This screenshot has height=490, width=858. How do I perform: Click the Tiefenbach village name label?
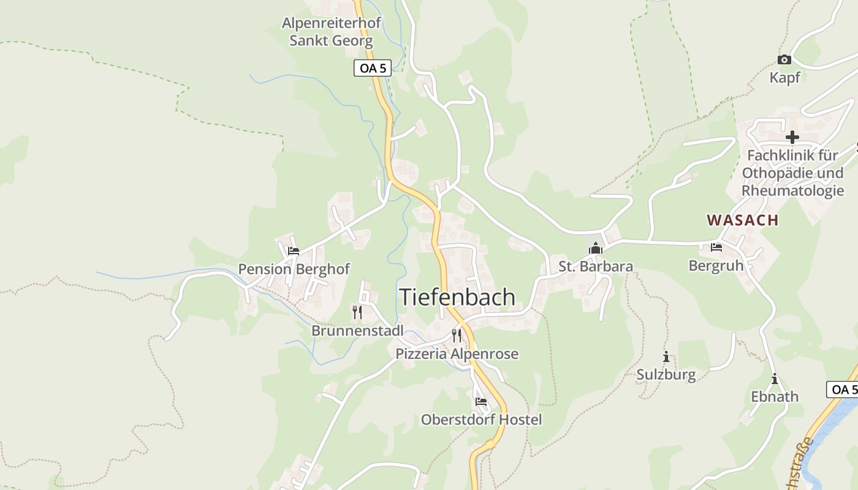point(457,297)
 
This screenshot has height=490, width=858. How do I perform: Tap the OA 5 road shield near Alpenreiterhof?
point(373,68)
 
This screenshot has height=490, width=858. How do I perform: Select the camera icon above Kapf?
point(784,59)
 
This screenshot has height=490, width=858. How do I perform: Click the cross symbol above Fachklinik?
point(792,137)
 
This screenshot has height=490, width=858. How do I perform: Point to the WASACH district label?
point(743,220)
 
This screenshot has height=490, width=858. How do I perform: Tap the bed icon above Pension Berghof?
point(294,251)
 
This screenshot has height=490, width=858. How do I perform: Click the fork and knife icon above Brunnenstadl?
point(357,312)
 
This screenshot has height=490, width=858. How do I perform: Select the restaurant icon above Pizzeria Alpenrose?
point(457,335)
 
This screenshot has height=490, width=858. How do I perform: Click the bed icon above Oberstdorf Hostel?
point(481,402)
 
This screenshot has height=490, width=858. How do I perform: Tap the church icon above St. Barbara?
point(595,248)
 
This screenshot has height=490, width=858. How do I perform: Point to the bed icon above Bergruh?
point(716,247)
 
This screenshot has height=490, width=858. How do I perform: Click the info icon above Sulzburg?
point(666,356)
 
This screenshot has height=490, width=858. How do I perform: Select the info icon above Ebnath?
point(775,379)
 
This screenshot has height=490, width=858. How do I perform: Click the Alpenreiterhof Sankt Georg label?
point(331,32)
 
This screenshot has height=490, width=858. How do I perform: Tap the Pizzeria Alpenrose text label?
point(457,354)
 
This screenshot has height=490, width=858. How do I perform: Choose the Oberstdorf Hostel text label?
point(481,420)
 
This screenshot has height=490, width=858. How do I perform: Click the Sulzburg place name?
point(666,375)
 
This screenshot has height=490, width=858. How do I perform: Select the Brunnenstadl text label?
point(357,331)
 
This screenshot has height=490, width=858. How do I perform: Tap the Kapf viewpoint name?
point(784,78)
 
